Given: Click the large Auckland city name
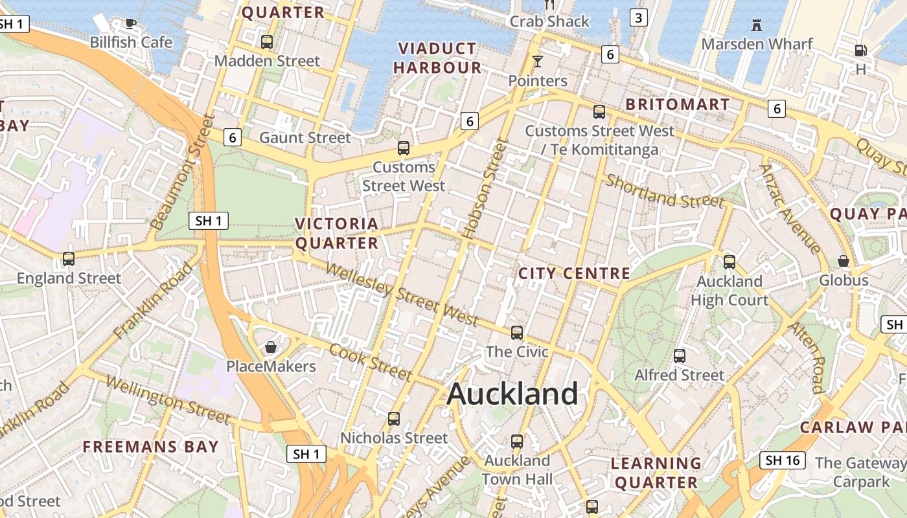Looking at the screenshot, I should (x=512, y=394).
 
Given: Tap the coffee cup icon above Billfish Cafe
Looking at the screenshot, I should (x=131, y=24).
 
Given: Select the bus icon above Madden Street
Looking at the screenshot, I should (x=266, y=42).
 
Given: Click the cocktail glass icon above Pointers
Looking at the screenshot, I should (x=537, y=62).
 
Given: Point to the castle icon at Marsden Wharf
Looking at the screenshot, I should (x=756, y=25).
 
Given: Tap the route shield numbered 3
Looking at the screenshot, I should (x=638, y=17).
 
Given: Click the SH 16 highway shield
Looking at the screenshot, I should (x=782, y=460).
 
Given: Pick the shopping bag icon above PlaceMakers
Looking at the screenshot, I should (x=271, y=348).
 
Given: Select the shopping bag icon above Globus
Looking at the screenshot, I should (x=844, y=261).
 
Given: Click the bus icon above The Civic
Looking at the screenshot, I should (x=516, y=333).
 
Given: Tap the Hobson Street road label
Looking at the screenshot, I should (x=483, y=188).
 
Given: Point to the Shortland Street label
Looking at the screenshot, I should (x=664, y=192).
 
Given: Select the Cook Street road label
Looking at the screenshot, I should (x=370, y=362).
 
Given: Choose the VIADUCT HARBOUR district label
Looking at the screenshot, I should (x=437, y=58).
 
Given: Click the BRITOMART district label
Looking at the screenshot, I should (x=677, y=105).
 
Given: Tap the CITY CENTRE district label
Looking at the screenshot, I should (x=574, y=274).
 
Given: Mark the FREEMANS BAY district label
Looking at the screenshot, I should (x=150, y=447).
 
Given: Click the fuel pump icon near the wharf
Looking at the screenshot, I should (x=860, y=50).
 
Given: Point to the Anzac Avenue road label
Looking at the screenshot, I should (x=789, y=208).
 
